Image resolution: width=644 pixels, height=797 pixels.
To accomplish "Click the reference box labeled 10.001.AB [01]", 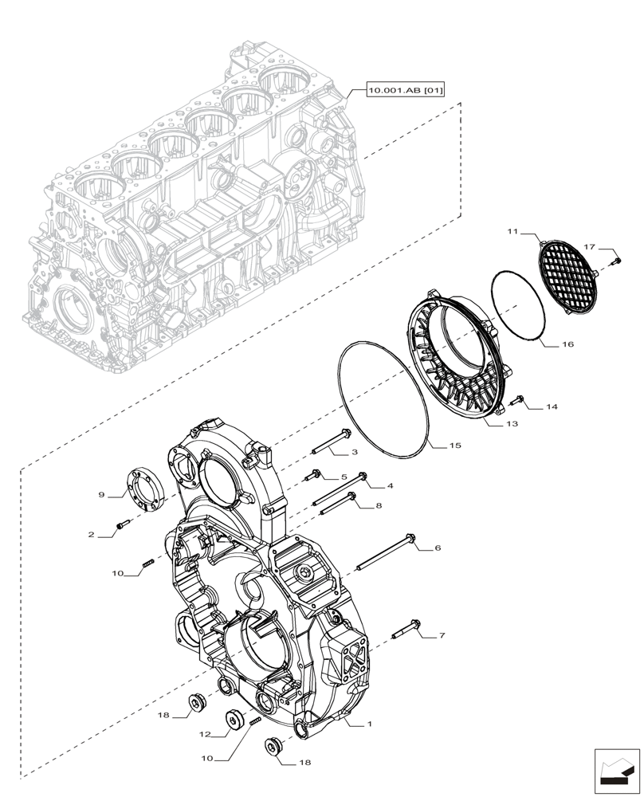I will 405,91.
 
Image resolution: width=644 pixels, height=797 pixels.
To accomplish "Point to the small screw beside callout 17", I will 615,260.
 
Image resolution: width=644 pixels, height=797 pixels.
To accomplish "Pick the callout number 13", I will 512,424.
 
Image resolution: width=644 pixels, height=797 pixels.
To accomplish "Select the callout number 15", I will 454,446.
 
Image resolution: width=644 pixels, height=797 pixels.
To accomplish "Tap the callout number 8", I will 379,505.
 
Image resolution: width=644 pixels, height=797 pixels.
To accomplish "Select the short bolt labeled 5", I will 312,476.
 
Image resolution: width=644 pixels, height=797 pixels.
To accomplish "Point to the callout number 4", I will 390,485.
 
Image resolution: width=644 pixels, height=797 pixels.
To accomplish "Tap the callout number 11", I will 512,231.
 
